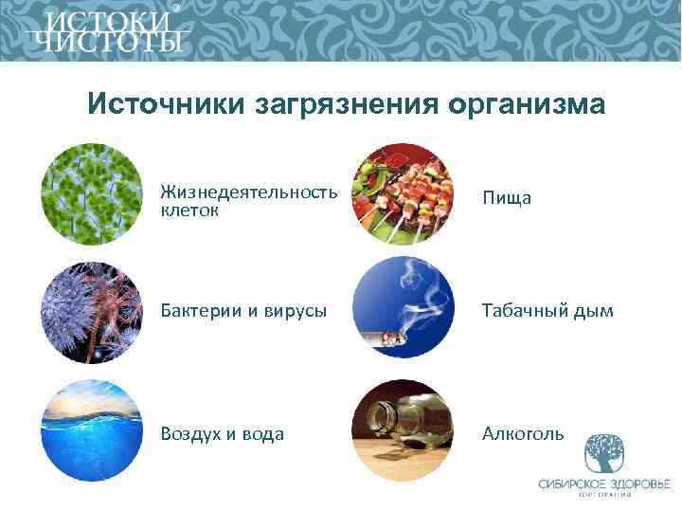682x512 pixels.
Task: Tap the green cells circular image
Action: (92, 193)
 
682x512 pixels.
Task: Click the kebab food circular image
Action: (402, 193)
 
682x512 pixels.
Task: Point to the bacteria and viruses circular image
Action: (92, 311)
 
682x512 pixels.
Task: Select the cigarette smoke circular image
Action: (402, 311)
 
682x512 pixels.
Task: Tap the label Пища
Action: (507, 198)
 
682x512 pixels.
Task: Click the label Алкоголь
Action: (523, 433)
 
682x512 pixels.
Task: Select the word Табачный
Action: (523, 311)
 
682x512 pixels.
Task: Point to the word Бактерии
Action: (198, 311)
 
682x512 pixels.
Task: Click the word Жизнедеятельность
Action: (249, 192)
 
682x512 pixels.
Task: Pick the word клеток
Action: (189, 210)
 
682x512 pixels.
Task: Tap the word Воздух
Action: (191, 433)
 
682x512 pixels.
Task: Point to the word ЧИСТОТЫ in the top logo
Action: (107, 43)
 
